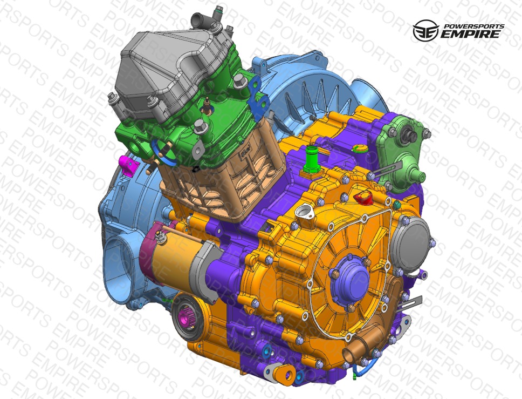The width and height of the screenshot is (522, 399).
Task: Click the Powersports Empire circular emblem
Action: [425, 30]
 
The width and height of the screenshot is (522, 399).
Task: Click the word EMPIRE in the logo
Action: [471, 34]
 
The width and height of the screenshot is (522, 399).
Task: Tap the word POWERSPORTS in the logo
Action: [474, 26]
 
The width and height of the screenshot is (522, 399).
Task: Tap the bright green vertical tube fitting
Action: [312, 159]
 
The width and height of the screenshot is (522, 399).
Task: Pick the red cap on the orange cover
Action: [363, 197]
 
